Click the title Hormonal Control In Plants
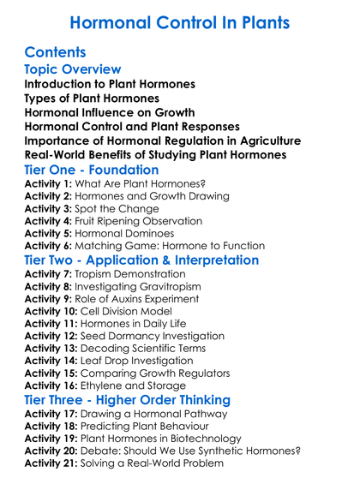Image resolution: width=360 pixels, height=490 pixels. [180, 22]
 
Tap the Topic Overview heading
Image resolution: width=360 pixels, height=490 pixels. [73, 69]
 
